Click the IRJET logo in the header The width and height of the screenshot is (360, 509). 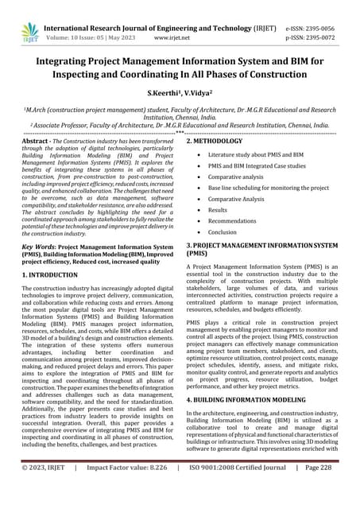click(29, 31)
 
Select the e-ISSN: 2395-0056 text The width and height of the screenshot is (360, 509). click(315, 26)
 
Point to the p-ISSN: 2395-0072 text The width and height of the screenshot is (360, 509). click(315, 37)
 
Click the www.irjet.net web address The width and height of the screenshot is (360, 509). click(171, 37)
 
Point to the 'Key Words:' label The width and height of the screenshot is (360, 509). click(37, 247)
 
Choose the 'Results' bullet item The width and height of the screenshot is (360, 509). click(218, 210)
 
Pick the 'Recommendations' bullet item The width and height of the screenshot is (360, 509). click(233, 221)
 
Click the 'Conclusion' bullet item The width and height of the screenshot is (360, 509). click(223, 232)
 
